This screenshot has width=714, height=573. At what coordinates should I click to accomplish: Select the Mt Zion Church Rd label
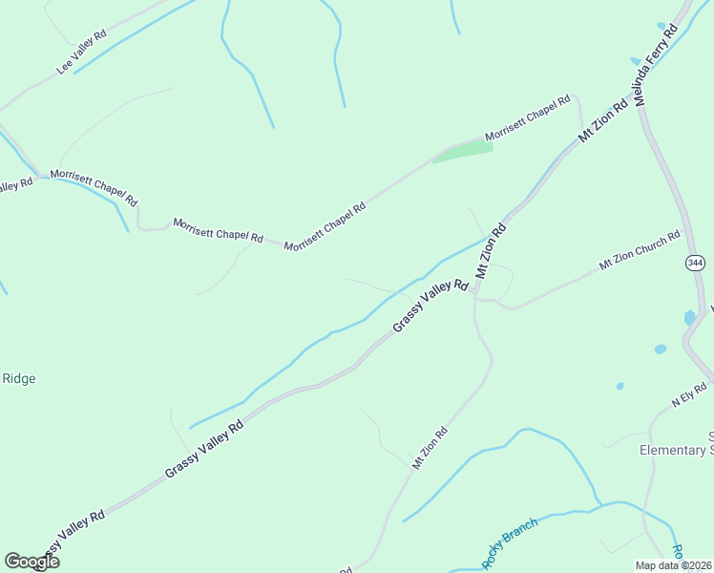pyautogui.click(x=640, y=249)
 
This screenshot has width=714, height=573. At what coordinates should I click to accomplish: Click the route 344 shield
pyautogui.click(x=694, y=262)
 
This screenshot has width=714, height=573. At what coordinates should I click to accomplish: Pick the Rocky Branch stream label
pyautogui.click(x=510, y=542)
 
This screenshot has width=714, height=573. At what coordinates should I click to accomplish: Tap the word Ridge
pyautogui.click(x=19, y=378)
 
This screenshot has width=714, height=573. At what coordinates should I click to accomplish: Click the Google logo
pyautogui.click(x=31, y=562)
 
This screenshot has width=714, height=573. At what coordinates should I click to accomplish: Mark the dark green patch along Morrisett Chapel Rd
pyautogui.click(x=463, y=152)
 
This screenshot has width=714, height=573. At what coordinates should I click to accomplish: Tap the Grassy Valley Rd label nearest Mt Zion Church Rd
pyautogui.click(x=430, y=306)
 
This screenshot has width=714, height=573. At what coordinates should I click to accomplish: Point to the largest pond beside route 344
pyautogui.click(x=689, y=317)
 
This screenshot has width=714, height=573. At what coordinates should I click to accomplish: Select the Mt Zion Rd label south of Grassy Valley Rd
pyautogui.click(x=430, y=448)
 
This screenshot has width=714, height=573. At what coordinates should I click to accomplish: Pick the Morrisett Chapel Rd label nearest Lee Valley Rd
pyautogui.click(x=94, y=187)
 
